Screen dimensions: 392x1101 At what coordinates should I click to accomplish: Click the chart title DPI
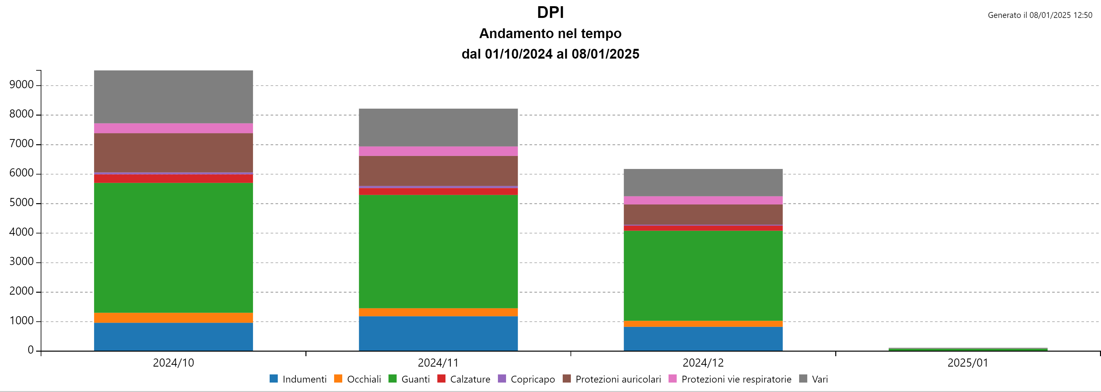coord(550,12)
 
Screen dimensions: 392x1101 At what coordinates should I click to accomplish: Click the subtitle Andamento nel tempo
coord(550,33)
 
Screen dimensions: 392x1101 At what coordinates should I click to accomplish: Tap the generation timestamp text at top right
coord(1039,15)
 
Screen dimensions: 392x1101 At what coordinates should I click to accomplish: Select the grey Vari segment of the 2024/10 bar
coord(173,97)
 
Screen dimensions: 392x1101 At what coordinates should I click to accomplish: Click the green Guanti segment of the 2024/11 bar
coord(438,251)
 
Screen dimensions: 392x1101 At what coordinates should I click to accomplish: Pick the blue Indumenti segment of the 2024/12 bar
coord(703,339)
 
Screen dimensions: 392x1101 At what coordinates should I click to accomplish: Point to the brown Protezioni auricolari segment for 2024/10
coord(173,153)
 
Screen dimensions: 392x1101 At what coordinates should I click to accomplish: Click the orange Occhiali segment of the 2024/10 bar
coord(173,318)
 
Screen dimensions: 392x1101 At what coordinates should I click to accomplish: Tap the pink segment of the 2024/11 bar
coord(438,151)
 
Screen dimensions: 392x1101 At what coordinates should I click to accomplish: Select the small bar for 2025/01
coord(968,349)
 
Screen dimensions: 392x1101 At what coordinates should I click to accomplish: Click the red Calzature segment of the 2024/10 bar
coord(173,179)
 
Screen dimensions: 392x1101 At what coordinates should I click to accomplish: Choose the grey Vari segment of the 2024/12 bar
coord(703,183)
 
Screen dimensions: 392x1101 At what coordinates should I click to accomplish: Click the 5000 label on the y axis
coord(21,203)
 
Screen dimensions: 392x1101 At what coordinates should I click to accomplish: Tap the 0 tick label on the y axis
coord(30,350)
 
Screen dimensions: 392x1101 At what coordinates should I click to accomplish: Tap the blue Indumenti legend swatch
coord(274,379)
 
